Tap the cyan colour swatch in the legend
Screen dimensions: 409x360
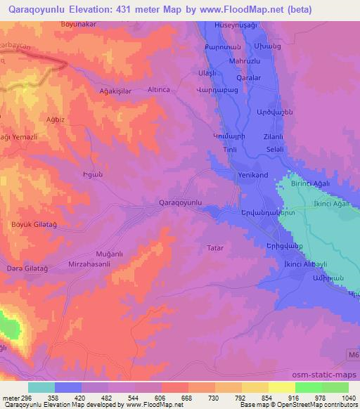(41, 387)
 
